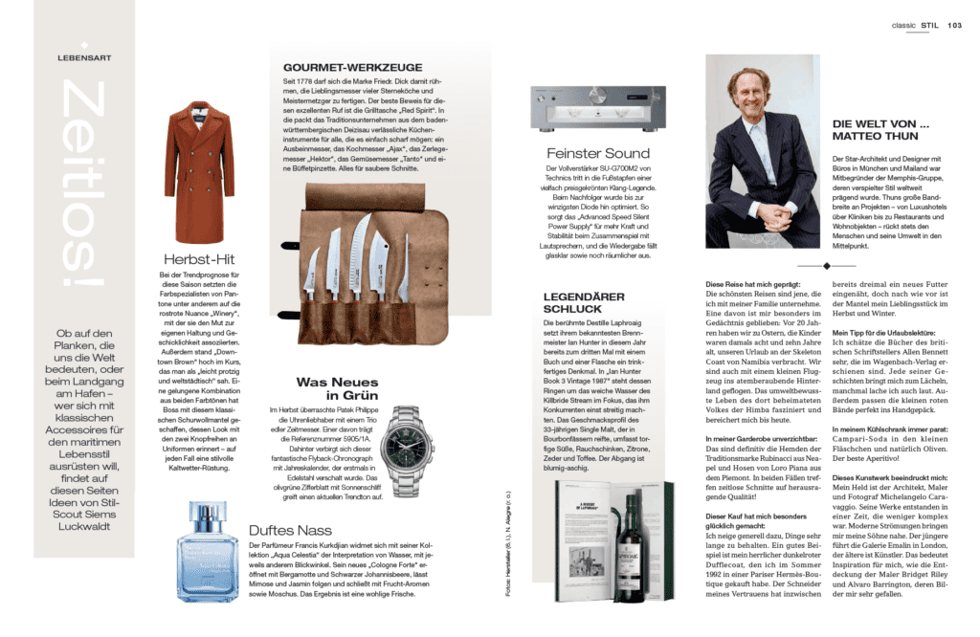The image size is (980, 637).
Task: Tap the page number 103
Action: point(954,26)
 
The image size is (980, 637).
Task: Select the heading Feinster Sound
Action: point(597,154)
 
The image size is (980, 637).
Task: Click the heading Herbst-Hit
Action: point(199,259)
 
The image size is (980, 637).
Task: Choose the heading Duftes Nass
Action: point(290,528)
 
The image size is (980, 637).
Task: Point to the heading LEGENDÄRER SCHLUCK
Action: point(572,302)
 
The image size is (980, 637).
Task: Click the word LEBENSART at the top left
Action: point(83,57)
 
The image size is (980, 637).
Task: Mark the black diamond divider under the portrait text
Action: point(825,265)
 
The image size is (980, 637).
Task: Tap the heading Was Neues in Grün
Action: point(337,388)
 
